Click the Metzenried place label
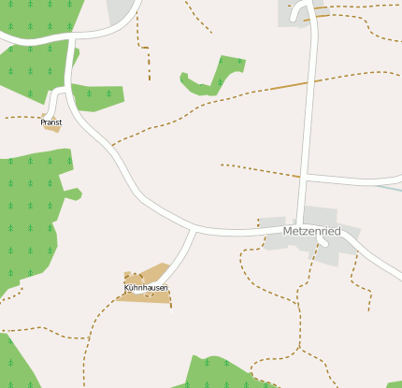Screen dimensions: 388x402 pyautogui.click(x=311, y=231)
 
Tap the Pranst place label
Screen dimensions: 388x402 pyautogui.click(x=50, y=122)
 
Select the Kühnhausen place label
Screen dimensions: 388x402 pyautogui.click(x=146, y=288)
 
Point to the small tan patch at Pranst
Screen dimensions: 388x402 pyautogui.click(x=53, y=128)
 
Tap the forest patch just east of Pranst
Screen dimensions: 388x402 pyautogui.click(x=97, y=96)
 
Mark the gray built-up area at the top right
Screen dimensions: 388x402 pyautogui.click(x=293, y=12)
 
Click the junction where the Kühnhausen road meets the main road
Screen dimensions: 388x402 pyautogui.click(x=194, y=228)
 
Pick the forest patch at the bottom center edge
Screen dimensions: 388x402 pyautogui.click(x=215, y=373)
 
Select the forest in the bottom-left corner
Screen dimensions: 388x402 pyautogui.click(x=14, y=365)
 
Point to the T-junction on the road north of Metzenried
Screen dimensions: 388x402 pyautogui.click(x=305, y=176)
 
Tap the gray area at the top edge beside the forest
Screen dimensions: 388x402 pyautogui.click(x=121, y=10)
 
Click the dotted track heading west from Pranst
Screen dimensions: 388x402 pyautogui.click(x=19, y=117)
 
